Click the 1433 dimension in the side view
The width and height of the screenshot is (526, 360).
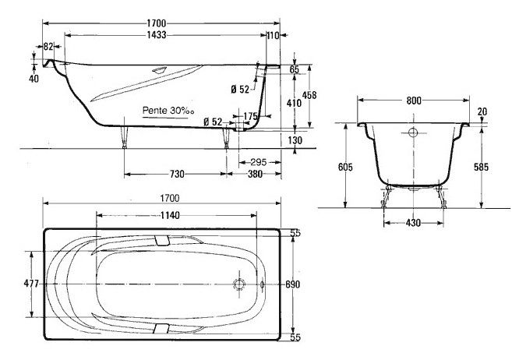157,35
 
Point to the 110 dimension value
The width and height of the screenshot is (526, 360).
274,35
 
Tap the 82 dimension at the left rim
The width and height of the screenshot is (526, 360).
48,46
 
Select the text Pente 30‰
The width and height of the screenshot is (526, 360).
168,111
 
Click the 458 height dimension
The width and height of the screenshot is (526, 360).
309,95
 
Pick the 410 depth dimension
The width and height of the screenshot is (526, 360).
294,103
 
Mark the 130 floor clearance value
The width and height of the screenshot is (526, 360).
295,140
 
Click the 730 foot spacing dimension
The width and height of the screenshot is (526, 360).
177,174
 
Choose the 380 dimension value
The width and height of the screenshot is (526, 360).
255,174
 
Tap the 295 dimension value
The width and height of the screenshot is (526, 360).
259,162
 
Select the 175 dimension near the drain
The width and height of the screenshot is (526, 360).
250,116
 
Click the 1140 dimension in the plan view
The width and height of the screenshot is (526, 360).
170,215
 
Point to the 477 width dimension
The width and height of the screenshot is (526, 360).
31,284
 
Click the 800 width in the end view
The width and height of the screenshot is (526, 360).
414,101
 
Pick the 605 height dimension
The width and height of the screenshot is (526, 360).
345,167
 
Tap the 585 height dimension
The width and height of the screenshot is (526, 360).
482,167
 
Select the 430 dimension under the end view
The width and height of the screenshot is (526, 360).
413,222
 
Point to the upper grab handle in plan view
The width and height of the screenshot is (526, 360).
162,240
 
